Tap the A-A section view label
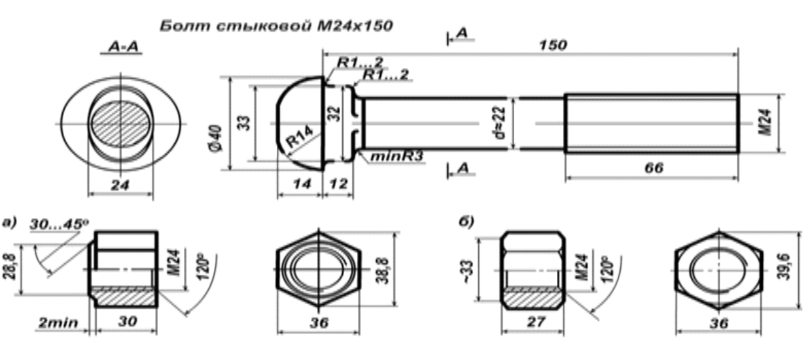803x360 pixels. coord(123,47)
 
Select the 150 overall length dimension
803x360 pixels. coord(553,45)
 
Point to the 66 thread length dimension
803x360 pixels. coord(654,167)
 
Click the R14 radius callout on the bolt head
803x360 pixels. coord(299,137)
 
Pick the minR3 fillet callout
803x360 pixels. coord(396,156)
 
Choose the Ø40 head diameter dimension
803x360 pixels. coord(216,138)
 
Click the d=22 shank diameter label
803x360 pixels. coord(500,123)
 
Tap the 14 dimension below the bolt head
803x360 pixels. coord(302,184)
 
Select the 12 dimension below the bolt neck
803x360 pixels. coord(339,184)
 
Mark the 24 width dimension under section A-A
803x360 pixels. coord(120,185)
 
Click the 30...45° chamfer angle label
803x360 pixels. coord(59,224)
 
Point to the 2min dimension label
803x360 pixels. coord(58,323)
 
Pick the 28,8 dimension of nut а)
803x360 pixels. coord(9,267)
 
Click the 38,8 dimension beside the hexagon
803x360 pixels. coord(383,271)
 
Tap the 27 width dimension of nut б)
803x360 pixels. coord(536,322)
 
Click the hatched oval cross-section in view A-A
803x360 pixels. coord(120,124)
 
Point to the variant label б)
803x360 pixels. coord(466,221)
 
